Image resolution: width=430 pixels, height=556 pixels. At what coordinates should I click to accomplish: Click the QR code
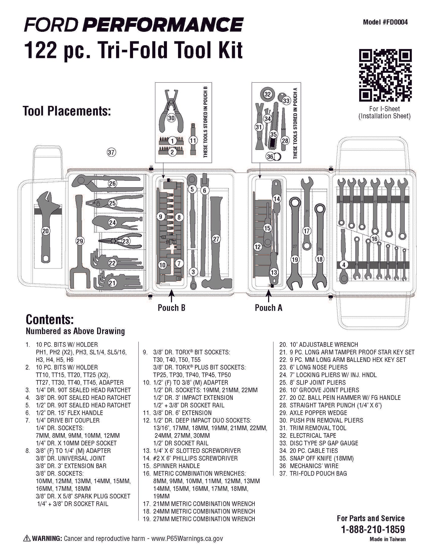click(x=385, y=75)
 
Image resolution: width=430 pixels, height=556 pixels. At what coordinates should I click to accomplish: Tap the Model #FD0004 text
click(x=385, y=22)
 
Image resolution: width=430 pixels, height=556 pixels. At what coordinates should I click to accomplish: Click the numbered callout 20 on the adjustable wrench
click(x=46, y=231)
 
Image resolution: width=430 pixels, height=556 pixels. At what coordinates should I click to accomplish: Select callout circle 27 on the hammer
click(x=216, y=239)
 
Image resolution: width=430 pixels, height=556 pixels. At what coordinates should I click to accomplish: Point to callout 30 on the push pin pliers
click(x=171, y=118)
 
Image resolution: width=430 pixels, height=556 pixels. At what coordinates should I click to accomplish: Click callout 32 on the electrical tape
click(x=268, y=94)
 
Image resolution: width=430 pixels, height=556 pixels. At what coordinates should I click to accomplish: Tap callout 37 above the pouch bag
click(x=111, y=153)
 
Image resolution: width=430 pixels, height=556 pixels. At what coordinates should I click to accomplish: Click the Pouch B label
click(x=171, y=308)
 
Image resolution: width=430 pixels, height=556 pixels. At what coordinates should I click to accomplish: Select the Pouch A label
click(x=268, y=308)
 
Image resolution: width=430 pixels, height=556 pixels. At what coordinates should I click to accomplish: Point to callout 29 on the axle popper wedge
click(x=79, y=241)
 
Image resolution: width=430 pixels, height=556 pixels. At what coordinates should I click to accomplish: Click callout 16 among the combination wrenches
click(x=374, y=239)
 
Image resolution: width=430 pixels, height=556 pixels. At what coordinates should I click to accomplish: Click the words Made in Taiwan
click(x=387, y=539)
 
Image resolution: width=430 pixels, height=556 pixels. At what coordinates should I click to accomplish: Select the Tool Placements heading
click(x=67, y=111)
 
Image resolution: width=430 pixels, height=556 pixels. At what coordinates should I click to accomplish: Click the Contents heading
click(x=50, y=319)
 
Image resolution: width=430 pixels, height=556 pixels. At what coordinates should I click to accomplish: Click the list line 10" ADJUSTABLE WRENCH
click(x=323, y=345)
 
